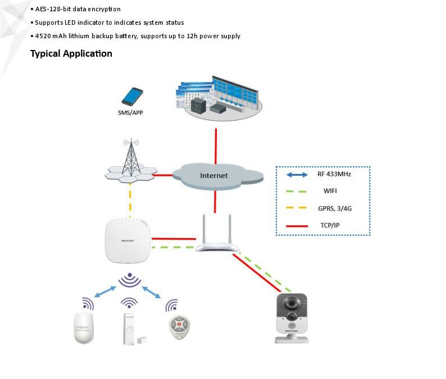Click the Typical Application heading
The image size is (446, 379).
[71, 54]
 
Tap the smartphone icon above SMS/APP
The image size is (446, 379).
[133, 96]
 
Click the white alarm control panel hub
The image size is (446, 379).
[129, 240]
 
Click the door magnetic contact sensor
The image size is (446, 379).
[129, 329]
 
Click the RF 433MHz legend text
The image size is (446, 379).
[334, 174]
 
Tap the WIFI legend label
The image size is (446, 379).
[330, 191]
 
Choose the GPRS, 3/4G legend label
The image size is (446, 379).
[335, 208]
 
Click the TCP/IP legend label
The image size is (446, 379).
[331, 226]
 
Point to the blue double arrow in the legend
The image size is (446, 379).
[297, 175]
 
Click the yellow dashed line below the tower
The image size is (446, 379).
[130, 199]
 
